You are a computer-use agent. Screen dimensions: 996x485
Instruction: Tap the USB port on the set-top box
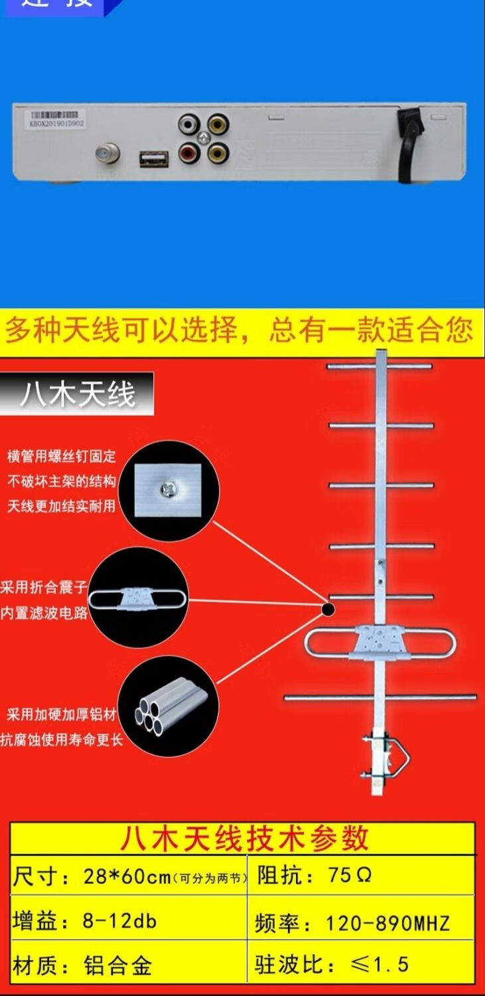153,159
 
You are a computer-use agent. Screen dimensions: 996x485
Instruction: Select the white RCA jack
188,124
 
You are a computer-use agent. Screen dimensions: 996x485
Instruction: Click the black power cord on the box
408,139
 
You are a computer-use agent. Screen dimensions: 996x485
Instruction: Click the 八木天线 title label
77,394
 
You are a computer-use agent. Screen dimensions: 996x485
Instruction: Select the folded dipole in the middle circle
138,598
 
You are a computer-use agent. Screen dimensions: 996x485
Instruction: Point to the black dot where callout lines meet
328,608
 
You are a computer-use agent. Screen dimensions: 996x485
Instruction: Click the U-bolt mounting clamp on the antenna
385,757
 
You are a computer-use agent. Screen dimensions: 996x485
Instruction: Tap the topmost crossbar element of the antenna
380,366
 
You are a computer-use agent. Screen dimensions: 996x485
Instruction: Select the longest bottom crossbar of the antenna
380,697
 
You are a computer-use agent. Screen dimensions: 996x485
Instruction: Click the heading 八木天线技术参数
243,838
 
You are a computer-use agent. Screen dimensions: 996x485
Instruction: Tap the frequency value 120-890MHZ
387,923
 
